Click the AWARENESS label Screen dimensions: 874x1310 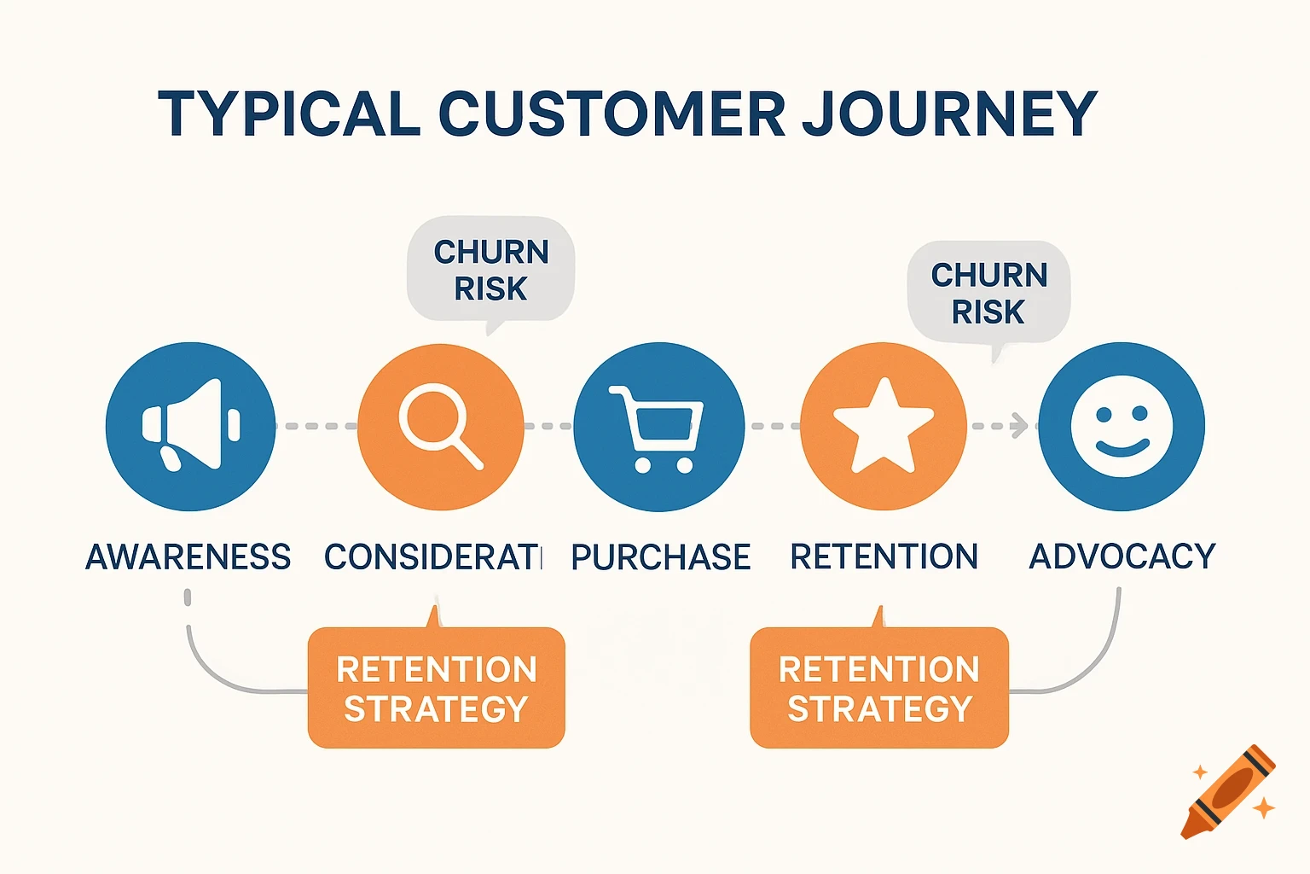(x=188, y=557)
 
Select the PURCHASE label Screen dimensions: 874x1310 (x=660, y=557)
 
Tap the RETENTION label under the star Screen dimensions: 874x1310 (x=884, y=556)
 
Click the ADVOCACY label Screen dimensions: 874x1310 (x=1122, y=556)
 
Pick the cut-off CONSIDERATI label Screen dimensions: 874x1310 (x=432, y=557)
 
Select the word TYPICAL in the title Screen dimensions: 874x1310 (x=289, y=114)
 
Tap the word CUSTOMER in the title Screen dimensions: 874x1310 (x=612, y=114)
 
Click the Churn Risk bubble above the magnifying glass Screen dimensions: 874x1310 (x=491, y=270)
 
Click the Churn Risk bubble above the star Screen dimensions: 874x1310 (x=988, y=293)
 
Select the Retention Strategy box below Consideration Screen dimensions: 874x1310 (x=436, y=688)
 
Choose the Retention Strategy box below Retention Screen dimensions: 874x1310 (x=879, y=688)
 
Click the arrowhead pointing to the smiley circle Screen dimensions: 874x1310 (x=1018, y=425)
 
